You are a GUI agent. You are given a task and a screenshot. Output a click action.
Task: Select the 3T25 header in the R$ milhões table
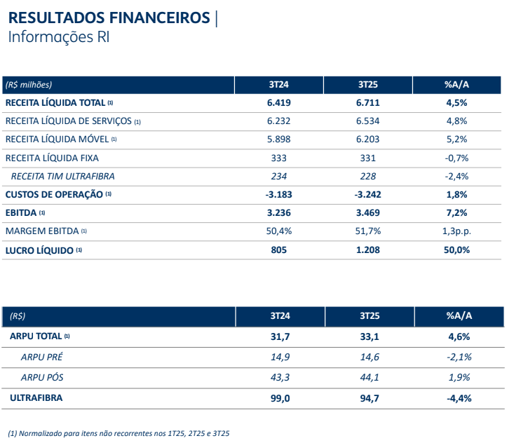click(x=368, y=84)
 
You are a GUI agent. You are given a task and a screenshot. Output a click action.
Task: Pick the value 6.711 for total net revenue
click(x=368, y=102)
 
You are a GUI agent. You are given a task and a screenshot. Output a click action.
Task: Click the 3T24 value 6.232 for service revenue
click(x=278, y=121)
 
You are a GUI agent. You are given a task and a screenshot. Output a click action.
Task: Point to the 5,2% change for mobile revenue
click(x=456, y=139)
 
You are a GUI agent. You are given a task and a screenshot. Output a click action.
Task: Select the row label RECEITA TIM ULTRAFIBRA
click(x=62, y=176)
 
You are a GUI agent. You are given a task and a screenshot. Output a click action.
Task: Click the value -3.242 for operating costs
click(x=368, y=194)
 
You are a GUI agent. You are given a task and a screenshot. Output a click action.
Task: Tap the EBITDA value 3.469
click(x=368, y=212)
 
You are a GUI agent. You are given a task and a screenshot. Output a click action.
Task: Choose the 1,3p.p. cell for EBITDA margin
click(x=456, y=231)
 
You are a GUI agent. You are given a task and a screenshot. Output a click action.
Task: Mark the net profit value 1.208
click(x=368, y=250)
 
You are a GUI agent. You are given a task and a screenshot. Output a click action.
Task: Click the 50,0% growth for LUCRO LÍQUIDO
click(x=456, y=250)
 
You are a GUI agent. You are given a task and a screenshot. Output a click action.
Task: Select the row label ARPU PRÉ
click(x=42, y=357)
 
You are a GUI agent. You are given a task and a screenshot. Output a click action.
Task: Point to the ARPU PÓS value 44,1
click(x=368, y=377)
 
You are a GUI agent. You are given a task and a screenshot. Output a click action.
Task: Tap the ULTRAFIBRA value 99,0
click(x=279, y=398)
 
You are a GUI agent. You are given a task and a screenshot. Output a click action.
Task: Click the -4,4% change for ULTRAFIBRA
click(x=459, y=398)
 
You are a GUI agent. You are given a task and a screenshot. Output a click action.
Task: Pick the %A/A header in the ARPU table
click(x=459, y=316)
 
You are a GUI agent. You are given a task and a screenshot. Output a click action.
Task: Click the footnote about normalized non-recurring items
click(x=118, y=433)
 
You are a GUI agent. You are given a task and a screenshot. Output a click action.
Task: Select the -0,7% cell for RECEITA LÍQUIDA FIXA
click(x=456, y=158)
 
